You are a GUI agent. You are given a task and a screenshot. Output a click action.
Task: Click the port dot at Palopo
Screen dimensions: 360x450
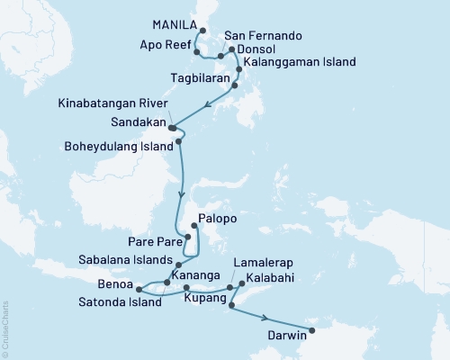pyautogui.click(x=193, y=226)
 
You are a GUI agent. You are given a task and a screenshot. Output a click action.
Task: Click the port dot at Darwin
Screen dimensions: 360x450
pyautogui.click(x=312, y=330)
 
